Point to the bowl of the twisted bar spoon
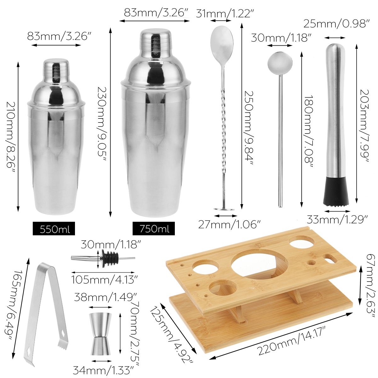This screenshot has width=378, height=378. click(222, 41)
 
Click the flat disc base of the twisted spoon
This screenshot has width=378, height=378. click(224, 209)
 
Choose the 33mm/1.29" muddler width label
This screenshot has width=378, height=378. click(337, 219)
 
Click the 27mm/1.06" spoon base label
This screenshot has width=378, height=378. click(229, 225)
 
